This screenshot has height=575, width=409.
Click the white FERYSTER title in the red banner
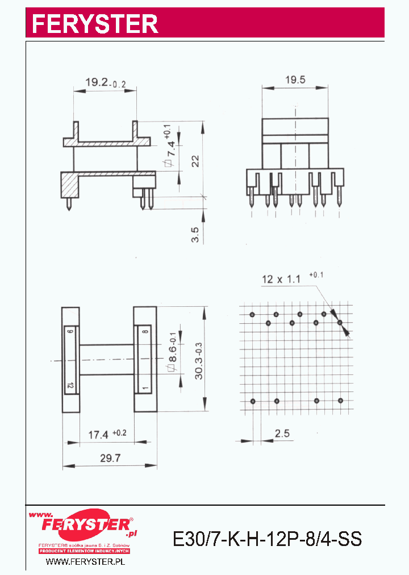(94, 23)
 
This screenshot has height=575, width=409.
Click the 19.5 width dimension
(295, 80)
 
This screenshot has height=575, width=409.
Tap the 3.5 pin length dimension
(195, 234)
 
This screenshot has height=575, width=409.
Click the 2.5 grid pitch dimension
(282, 434)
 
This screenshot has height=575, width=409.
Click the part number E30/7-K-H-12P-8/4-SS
(267, 538)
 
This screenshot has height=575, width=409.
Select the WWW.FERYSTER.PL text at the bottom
(85, 561)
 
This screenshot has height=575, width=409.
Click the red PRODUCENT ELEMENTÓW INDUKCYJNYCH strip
(85, 551)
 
